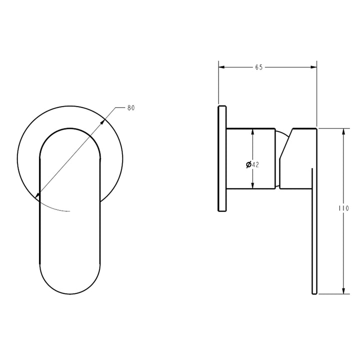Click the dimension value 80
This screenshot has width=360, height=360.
coord(131,107)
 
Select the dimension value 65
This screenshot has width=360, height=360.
coord(258,67)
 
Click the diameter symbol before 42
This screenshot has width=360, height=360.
coord(248,164)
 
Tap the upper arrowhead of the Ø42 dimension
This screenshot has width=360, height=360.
coord(252,132)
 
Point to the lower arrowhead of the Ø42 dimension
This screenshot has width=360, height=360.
coord(252,186)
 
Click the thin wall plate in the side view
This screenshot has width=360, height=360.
coord(222,159)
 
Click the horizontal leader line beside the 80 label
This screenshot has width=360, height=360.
coord(120,107)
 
